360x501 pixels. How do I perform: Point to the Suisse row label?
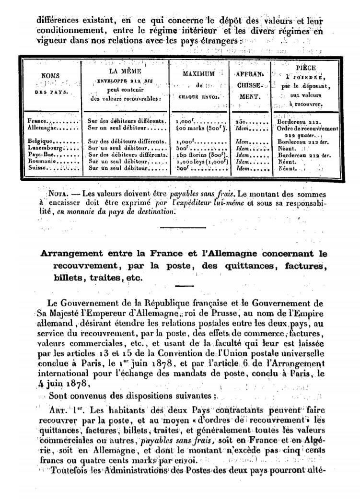(x=38, y=169)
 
